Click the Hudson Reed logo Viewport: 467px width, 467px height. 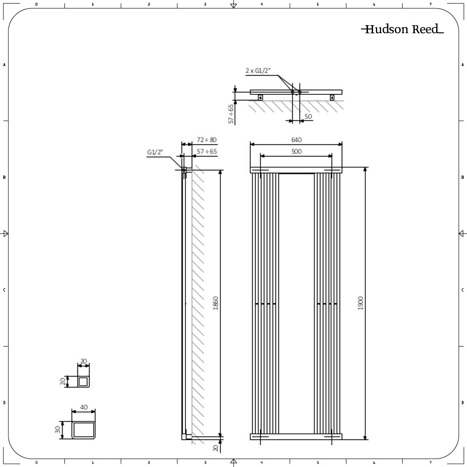(x=402, y=29)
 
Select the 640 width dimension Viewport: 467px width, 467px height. (x=296, y=140)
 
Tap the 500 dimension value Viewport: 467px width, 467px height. (x=296, y=151)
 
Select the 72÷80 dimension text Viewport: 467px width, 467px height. (x=206, y=140)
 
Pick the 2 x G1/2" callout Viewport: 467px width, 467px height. (x=258, y=71)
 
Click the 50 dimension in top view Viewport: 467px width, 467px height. (x=308, y=116)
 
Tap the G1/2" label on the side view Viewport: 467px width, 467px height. (x=155, y=152)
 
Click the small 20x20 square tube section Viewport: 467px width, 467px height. (x=83, y=382)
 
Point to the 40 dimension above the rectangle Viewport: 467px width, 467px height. (x=84, y=407)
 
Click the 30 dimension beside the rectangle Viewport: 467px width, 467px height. (x=58, y=429)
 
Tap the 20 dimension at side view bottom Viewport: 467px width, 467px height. (x=215, y=447)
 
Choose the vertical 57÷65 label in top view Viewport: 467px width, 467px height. (x=230, y=113)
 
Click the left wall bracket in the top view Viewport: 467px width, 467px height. (x=260, y=97)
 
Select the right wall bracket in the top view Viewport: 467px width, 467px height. (x=332, y=97)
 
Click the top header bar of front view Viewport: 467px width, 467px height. (x=296, y=170)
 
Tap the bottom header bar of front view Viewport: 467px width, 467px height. (x=296, y=437)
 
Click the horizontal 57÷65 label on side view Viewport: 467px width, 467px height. (x=206, y=152)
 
